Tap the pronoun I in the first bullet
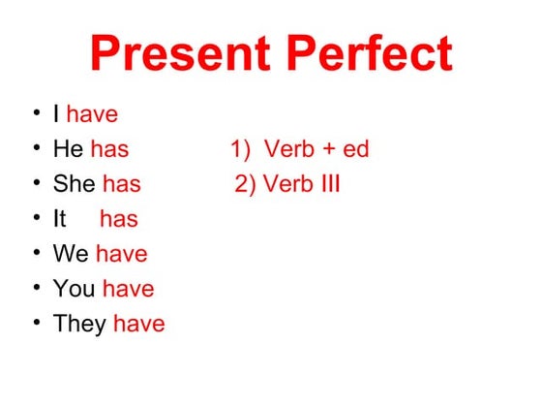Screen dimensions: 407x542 [x=56, y=114]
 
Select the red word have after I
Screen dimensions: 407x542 [x=92, y=114]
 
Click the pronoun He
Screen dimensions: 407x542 [x=68, y=149]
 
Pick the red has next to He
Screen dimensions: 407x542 [x=109, y=149]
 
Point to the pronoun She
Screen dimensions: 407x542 [x=74, y=184]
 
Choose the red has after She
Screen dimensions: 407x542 [x=122, y=184]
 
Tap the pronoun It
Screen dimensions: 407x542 [x=59, y=219]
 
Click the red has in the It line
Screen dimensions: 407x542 [x=119, y=219]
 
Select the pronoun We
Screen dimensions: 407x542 [x=71, y=254]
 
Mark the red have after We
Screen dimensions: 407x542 [x=122, y=254]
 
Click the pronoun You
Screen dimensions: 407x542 [x=75, y=289]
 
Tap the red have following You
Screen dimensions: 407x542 [x=129, y=289]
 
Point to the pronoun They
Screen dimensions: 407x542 [x=79, y=324]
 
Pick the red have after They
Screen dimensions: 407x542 [x=139, y=324]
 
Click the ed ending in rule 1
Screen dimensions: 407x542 [x=355, y=150]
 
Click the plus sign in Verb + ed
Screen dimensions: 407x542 [x=327, y=150]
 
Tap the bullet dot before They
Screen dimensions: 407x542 [x=36, y=322]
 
